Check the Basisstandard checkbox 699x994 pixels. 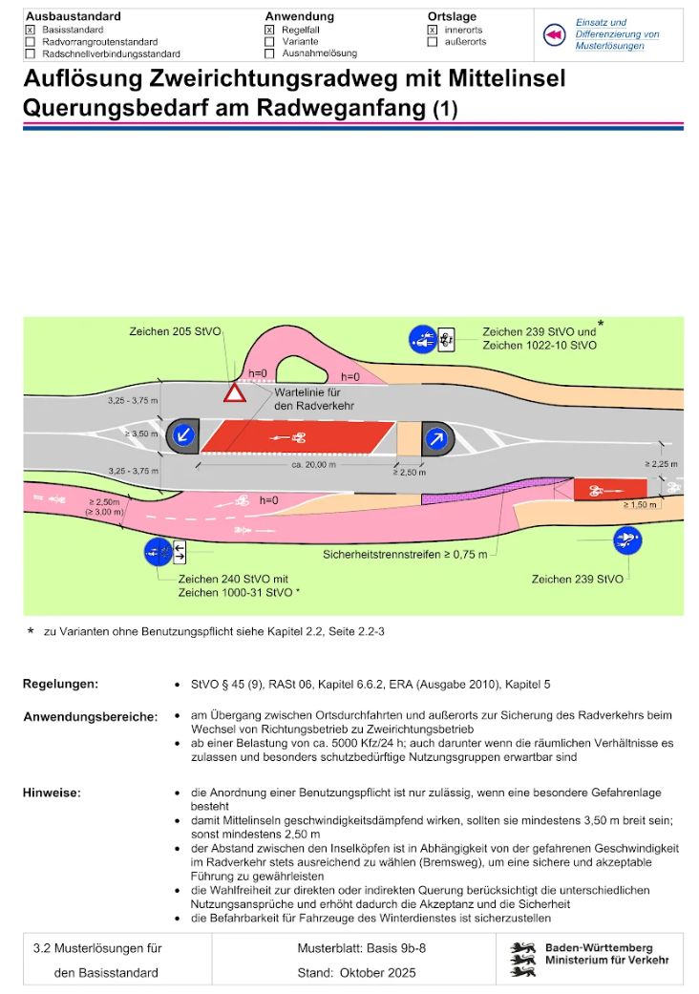[x=31, y=30]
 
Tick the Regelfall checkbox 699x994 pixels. [x=269, y=30]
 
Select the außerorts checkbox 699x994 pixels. [x=433, y=42]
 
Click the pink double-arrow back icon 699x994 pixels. [x=555, y=35]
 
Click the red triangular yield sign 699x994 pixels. [x=234, y=391]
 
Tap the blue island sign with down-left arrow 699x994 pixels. [x=182, y=436]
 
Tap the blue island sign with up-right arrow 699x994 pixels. [x=436, y=436]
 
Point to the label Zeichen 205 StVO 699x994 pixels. [x=175, y=331]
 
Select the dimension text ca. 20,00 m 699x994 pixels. [x=314, y=464]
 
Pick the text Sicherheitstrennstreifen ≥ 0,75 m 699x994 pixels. [x=405, y=554]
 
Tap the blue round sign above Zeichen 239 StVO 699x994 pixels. [x=627, y=540]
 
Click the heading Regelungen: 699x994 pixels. [x=60, y=685]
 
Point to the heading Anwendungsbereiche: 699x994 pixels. [x=90, y=717]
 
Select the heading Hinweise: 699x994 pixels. [x=52, y=793]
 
